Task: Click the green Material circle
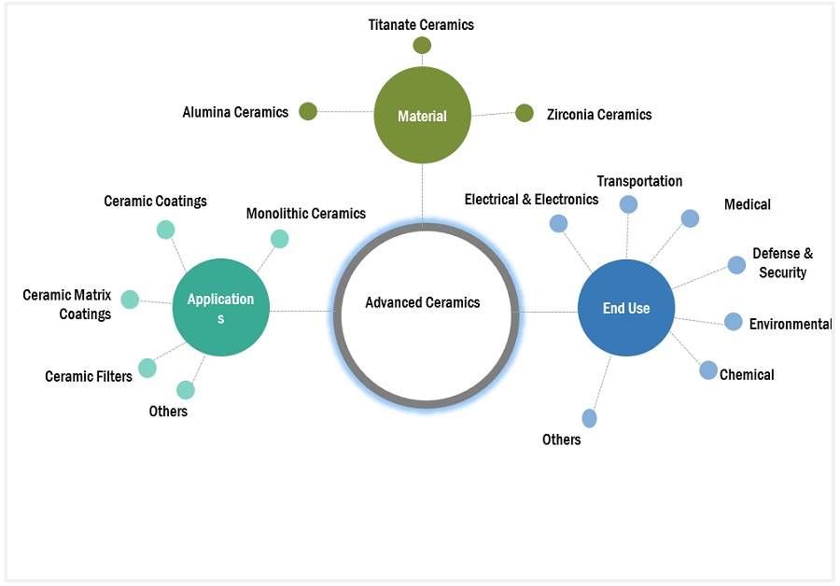423,117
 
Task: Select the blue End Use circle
626,308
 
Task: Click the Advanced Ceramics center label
423,302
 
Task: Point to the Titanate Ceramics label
421,25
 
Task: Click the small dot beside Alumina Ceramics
308,112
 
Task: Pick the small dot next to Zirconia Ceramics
525,113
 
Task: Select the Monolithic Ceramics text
306,214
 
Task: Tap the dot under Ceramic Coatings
165,230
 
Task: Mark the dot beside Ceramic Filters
148,369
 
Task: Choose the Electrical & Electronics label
531,199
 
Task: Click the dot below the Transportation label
629,204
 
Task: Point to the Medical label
748,204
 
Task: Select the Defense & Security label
782,263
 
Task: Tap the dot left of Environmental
734,322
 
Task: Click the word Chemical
747,375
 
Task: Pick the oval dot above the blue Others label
590,418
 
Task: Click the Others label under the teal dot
168,412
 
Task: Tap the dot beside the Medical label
690,218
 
